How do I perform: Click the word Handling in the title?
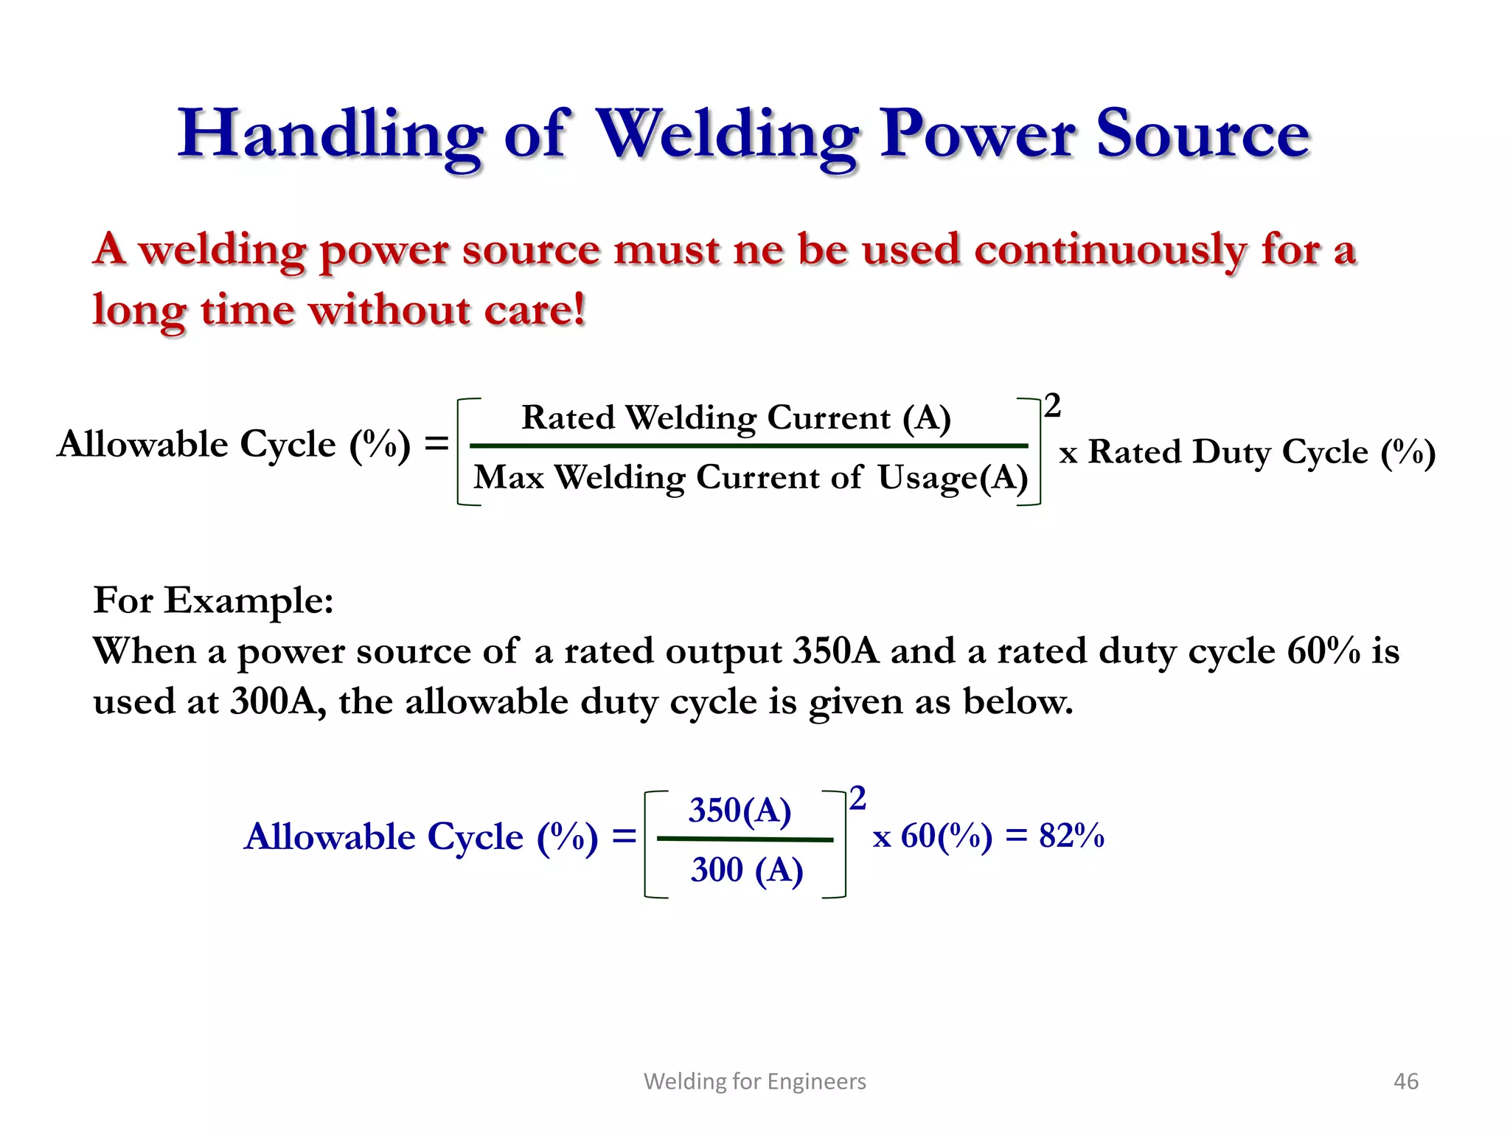coord(330,134)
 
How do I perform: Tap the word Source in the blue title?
coord(1203,134)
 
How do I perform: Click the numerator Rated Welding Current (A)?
coord(736,417)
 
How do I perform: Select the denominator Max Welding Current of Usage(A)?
coord(751,477)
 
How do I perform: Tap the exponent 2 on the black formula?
coord(1052,406)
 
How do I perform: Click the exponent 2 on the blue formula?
coord(857,799)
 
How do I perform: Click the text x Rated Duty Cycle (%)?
coord(1247,452)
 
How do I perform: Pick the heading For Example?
coord(213,600)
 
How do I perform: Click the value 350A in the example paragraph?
coord(836,651)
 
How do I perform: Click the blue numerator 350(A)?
coord(740,811)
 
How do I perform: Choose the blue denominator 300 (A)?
coord(746,870)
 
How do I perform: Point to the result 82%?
coord(1071,836)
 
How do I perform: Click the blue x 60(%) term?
coord(933,836)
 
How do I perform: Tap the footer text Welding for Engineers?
coord(754,1081)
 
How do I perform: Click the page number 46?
coord(1405,1081)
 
